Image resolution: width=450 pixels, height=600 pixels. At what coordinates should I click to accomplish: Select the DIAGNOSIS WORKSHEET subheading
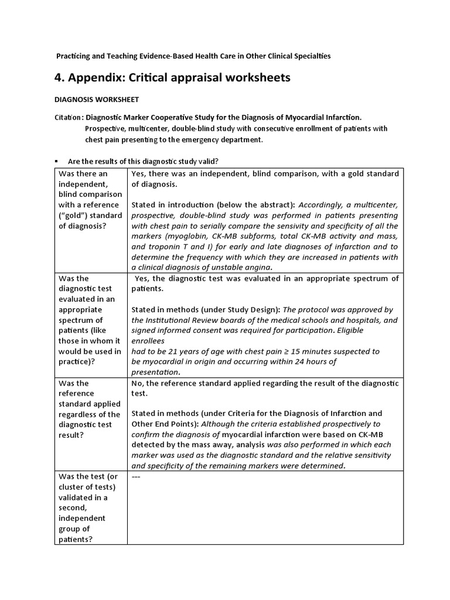pyautogui.click(x=97, y=100)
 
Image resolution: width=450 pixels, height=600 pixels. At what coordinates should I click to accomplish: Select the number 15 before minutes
pyautogui.click(x=307, y=352)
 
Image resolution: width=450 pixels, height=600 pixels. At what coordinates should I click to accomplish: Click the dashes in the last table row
pyautogui.click(x=136, y=476)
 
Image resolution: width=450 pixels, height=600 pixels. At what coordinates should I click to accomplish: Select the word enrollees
pyautogui.click(x=148, y=341)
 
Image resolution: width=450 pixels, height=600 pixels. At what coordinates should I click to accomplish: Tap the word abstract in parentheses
pyautogui.click(x=267, y=205)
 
